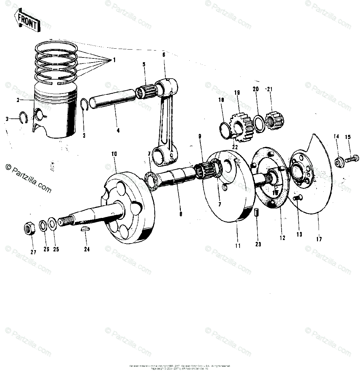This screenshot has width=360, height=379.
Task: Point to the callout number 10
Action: [114, 154]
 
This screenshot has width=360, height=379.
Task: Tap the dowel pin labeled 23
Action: [256, 213]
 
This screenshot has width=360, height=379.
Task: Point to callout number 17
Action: [319, 239]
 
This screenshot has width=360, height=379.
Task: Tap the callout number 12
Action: [282, 238]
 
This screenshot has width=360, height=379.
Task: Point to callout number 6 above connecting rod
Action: [164, 55]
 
